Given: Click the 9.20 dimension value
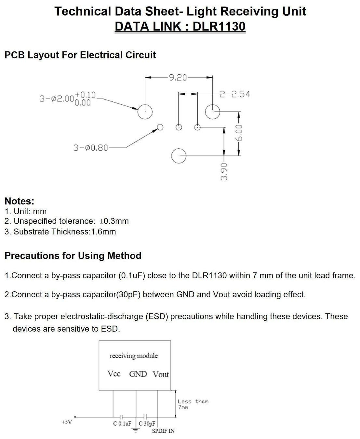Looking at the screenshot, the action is (x=178, y=78).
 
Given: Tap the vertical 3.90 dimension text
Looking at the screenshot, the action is (x=224, y=172).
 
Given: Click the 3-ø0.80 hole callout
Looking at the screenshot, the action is (x=91, y=148).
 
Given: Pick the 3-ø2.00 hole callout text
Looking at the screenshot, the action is (x=68, y=99).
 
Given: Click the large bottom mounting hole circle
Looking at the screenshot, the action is (x=179, y=156).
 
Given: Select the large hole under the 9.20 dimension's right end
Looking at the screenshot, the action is (x=212, y=112).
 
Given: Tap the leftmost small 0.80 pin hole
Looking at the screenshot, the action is (x=160, y=127).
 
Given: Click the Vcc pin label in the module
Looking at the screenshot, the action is (x=114, y=374).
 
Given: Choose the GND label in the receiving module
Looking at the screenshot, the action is (x=138, y=374).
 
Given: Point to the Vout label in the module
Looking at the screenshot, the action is (x=161, y=375).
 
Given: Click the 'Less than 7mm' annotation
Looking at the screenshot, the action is (x=193, y=405).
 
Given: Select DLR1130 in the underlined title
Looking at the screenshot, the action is (x=219, y=26).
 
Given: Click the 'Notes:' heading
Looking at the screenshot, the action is (x=20, y=201).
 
